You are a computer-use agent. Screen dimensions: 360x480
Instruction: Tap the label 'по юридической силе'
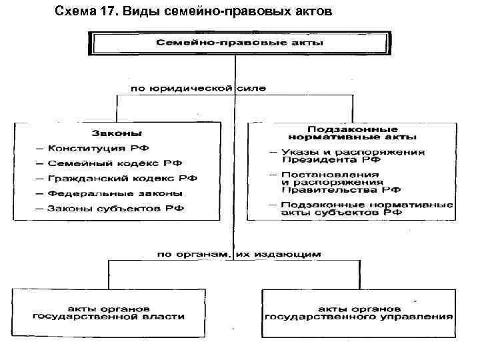pyautogui.click(x=192, y=87)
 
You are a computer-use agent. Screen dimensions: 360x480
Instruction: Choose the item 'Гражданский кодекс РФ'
pyautogui.click(x=114, y=178)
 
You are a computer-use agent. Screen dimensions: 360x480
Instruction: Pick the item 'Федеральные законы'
pyautogui.click(x=106, y=193)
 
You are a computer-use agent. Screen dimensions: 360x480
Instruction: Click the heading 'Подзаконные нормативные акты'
pyautogui.click(x=353, y=133)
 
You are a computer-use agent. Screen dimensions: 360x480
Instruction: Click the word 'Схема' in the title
pyautogui.click(x=71, y=13)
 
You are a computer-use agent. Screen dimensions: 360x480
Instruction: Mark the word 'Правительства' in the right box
pyautogui.click(x=320, y=189)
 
